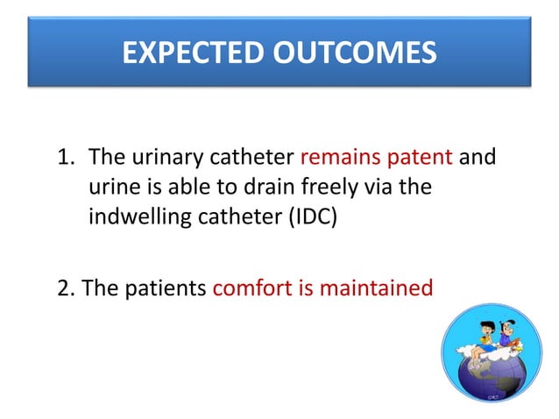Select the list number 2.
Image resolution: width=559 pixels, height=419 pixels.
point(64,287)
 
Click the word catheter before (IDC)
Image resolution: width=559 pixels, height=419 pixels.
point(231,217)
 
